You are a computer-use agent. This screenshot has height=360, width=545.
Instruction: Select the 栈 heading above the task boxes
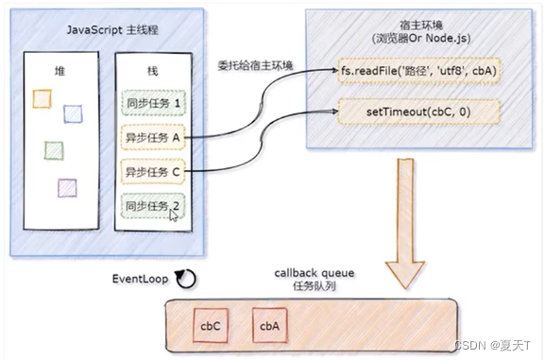click(x=151, y=71)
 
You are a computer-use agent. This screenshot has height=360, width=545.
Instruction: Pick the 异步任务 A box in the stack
click(x=151, y=137)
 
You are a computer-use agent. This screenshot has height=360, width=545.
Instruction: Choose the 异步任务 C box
click(x=151, y=172)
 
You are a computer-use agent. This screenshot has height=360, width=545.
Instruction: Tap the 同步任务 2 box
click(x=151, y=206)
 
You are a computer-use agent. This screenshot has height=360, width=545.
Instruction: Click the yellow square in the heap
click(x=41, y=98)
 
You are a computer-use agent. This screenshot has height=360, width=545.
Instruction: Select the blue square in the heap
click(x=73, y=113)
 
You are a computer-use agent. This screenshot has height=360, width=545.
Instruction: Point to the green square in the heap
click(x=54, y=149)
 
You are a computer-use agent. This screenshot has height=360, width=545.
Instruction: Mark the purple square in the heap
click(x=66, y=186)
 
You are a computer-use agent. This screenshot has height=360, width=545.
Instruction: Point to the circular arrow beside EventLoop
click(x=188, y=281)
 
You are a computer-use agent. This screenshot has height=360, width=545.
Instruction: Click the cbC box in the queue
click(x=209, y=325)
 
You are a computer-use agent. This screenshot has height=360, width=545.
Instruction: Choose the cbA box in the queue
click(x=267, y=325)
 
